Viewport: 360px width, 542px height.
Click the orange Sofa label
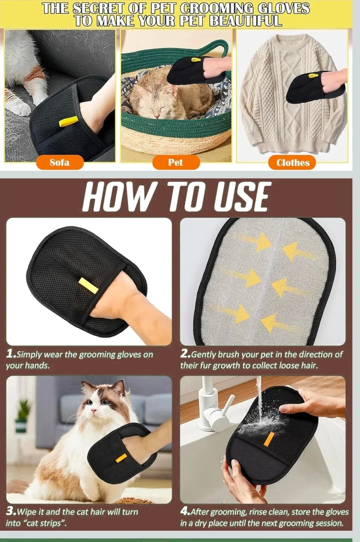click(60, 162)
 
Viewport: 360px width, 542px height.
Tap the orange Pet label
click(176, 162)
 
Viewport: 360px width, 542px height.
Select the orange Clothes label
click(293, 163)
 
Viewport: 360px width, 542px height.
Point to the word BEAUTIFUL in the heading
click(246, 21)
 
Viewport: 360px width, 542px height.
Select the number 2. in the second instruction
click(185, 354)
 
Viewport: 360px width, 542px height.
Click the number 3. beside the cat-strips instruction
click(11, 512)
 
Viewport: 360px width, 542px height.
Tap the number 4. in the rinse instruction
click(185, 512)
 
